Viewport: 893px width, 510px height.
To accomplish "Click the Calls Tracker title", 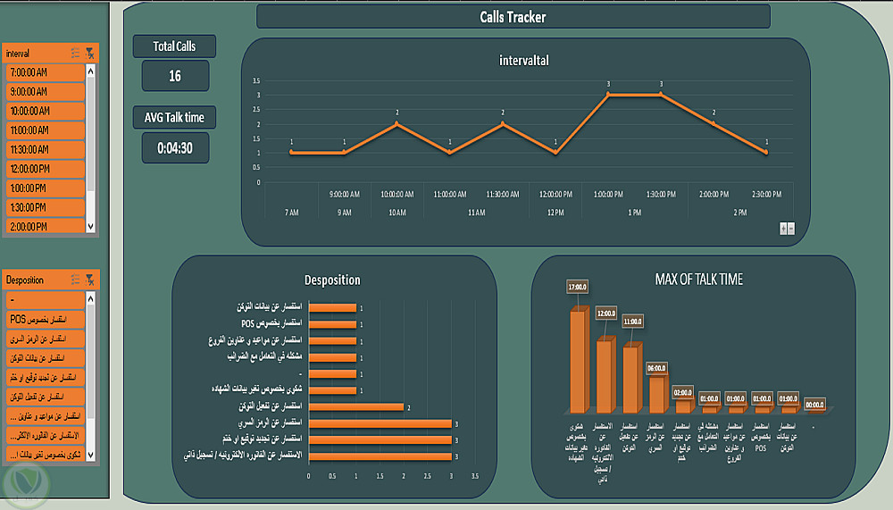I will click(x=513, y=17).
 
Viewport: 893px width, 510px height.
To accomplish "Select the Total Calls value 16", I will click(x=175, y=76).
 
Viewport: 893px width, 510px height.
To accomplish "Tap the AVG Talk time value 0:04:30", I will click(x=175, y=148).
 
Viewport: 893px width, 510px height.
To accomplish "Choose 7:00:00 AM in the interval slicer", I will click(x=44, y=71).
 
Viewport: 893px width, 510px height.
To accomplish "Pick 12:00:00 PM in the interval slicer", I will click(x=44, y=169).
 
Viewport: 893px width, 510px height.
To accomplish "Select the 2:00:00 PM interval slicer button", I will click(x=44, y=227).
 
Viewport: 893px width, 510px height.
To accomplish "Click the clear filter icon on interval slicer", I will click(x=90, y=54).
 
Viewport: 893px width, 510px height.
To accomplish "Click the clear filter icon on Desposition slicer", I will click(x=90, y=280).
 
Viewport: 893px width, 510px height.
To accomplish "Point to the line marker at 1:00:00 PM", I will click(x=608, y=94).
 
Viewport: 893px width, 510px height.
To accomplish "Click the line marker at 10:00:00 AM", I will click(x=396, y=123).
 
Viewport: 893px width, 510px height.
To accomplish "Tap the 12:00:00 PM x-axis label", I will click(x=555, y=194).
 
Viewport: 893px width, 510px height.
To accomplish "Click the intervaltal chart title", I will click(x=524, y=61).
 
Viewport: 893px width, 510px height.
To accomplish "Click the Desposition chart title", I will click(x=332, y=280).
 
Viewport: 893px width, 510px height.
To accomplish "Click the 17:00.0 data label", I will click(x=578, y=288).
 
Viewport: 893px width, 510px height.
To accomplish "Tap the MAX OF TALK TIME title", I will click(x=699, y=279).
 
